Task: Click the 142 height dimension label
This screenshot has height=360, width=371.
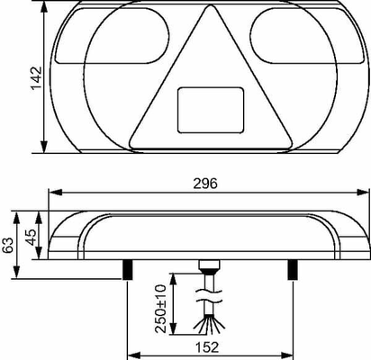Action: pos(36,77)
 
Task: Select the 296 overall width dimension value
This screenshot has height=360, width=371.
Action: pos(205,184)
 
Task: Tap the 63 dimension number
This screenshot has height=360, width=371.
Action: pos(8,245)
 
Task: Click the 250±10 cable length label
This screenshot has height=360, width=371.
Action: pos(160,309)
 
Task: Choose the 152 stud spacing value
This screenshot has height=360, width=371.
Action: pos(207,347)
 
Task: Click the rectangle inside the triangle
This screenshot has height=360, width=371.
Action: pos(211,110)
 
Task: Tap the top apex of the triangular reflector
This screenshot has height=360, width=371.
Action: pos(211,5)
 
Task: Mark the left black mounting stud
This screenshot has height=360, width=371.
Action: pos(127,270)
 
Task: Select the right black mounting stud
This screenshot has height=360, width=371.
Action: pos(293,270)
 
